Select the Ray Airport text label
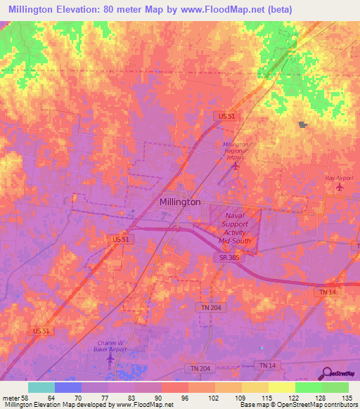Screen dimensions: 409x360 click(x=339, y=178)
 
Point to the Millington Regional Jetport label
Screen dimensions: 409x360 click(x=236, y=151)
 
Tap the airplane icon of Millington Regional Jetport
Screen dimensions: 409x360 click(x=236, y=166)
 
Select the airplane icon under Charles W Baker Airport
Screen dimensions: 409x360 click(x=110, y=359)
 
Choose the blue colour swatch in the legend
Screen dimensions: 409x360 click(x=68, y=387)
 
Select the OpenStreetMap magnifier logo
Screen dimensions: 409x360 click(x=328, y=373)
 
